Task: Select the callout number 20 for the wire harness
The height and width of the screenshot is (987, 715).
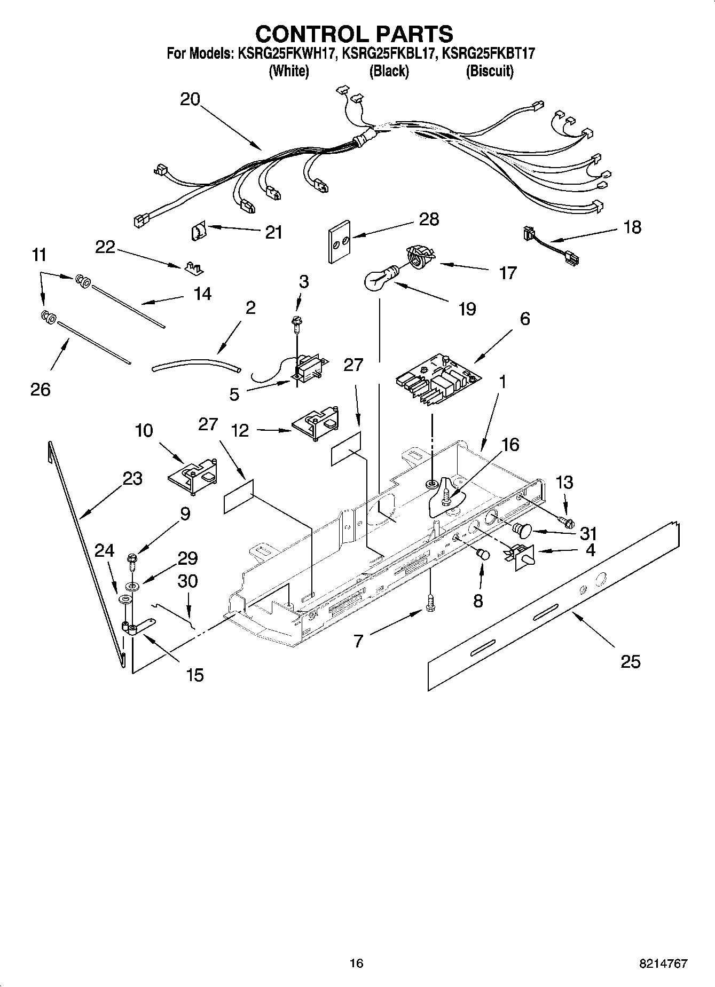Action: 190,99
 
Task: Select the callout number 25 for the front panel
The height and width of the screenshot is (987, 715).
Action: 630,661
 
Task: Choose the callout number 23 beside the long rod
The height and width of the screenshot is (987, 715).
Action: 132,478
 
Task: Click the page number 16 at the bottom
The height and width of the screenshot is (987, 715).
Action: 356,963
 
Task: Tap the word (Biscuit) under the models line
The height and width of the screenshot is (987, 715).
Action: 489,71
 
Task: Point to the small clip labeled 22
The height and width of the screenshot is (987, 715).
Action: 195,267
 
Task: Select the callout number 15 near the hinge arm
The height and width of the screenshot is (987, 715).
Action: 195,675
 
